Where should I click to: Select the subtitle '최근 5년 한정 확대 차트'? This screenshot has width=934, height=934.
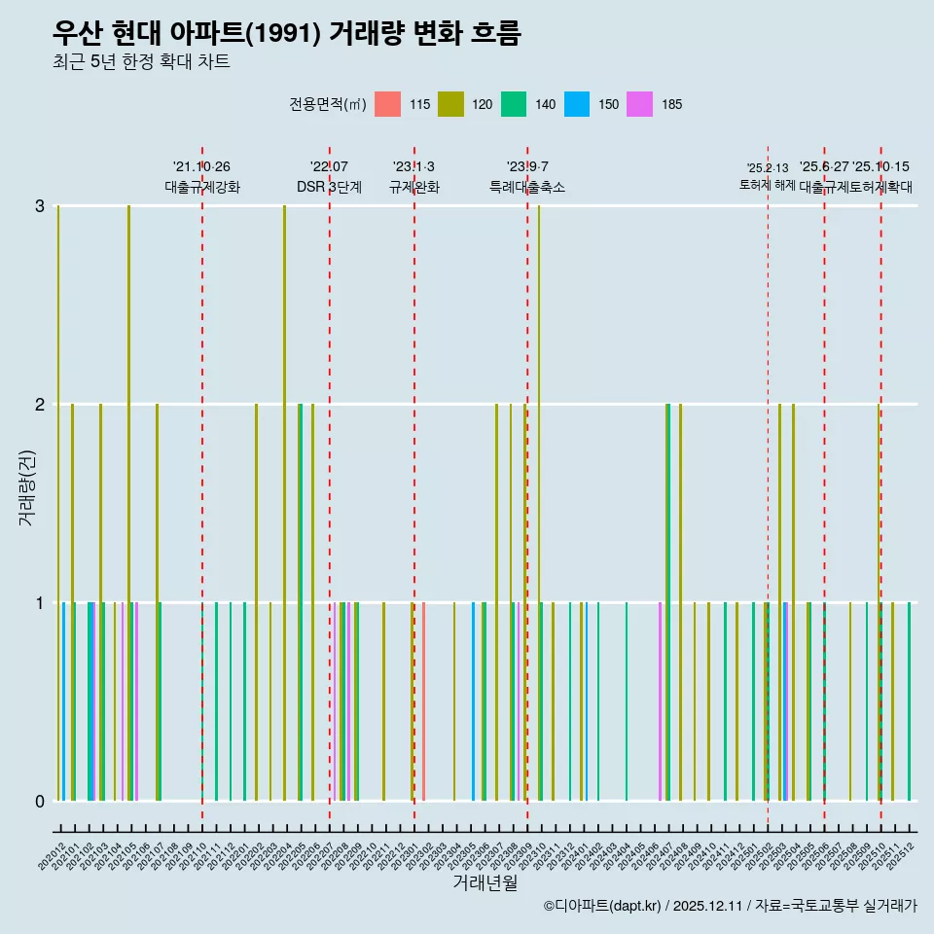tap(142, 62)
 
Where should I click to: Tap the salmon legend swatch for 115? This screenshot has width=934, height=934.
tap(387, 104)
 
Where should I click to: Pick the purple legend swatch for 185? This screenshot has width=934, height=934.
tap(639, 104)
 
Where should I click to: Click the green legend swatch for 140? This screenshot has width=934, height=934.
tap(514, 104)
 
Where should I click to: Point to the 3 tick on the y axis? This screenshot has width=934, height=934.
tap(40, 206)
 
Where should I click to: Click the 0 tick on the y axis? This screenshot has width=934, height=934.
tap(40, 801)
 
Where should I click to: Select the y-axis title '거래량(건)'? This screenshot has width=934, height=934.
tap(26, 486)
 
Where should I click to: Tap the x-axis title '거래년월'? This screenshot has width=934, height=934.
tap(485, 882)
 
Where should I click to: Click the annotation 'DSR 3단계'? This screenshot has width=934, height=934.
tap(329, 187)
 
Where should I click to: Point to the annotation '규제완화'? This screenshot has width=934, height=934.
tap(413, 187)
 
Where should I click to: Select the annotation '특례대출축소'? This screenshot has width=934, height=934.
tap(526, 187)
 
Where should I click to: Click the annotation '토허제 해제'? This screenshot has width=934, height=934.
tap(767, 185)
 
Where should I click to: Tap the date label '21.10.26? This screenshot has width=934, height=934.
tap(201, 166)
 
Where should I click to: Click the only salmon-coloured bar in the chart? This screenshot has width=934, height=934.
tap(423, 701)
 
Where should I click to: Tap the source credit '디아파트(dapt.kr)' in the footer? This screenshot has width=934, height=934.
tap(603, 906)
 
